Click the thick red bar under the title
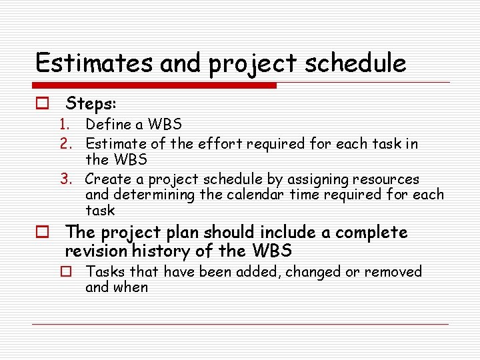(155, 85)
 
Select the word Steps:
(91, 104)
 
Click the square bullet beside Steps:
(42, 104)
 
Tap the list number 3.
(65, 179)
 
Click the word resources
(386, 179)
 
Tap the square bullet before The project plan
(42, 233)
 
